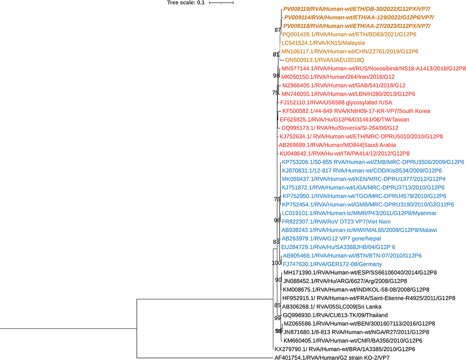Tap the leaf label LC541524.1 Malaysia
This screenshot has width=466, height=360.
[x=323, y=43]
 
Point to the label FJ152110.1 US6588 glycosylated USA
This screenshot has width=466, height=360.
[x=328, y=102]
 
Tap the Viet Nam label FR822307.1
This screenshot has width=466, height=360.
[x=336, y=221]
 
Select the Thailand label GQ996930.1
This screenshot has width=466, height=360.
[x=329, y=315]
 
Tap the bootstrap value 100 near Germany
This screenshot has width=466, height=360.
[x=276, y=263]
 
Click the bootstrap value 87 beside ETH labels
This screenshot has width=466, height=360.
[x=278, y=30]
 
